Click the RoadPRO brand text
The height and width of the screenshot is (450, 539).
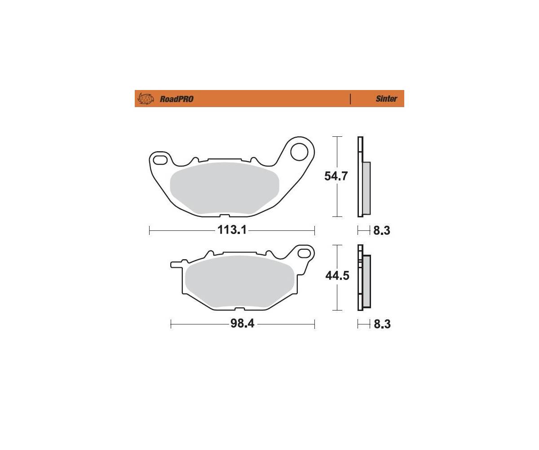point(177,99)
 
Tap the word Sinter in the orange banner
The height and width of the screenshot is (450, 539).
point(386,99)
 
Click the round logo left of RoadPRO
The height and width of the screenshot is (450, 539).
point(146,99)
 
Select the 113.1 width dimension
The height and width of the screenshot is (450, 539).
point(232,229)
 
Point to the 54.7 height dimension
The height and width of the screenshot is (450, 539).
point(336,176)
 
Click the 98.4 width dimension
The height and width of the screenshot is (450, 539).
point(243,323)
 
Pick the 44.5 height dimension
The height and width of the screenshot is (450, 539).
point(337,276)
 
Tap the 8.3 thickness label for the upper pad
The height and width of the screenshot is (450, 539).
point(382,230)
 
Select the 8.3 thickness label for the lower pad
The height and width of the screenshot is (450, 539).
point(382,324)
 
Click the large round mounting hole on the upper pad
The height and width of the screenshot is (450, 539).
point(299,151)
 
